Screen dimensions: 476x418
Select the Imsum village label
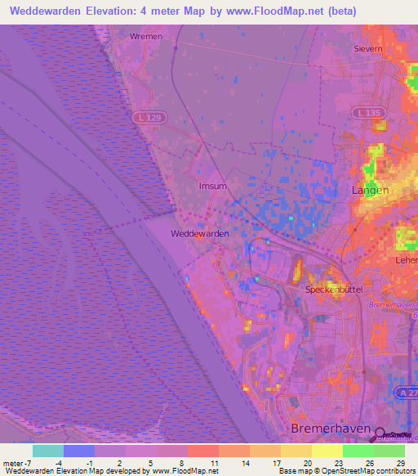click(x=212, y=186)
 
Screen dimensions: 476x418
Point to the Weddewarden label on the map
click(x=199, y=233)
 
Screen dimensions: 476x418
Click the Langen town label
click(x=369, y=190)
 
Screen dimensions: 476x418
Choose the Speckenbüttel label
click(x=332, y=290)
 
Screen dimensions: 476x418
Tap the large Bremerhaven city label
click(x=326, y=429)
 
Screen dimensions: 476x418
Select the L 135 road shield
click(x=364, y=111)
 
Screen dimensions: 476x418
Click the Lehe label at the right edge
click(x=407, y=259)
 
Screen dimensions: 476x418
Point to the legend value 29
click(x=399, y=463)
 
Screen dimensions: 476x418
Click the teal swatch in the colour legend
click(x=47, y=451)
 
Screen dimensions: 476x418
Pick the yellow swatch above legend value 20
click(x=296, y=451)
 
